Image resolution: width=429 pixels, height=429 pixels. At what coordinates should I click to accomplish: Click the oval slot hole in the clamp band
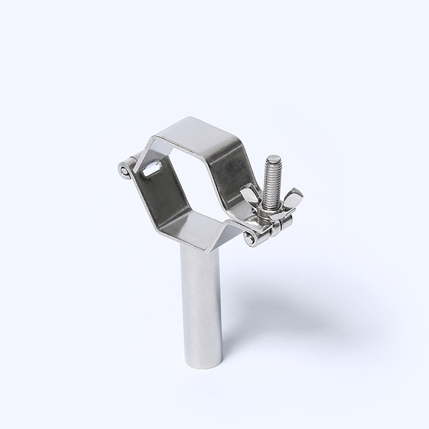pos(152,170)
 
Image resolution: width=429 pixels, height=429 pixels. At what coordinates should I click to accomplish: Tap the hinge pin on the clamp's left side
pos(124,171)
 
